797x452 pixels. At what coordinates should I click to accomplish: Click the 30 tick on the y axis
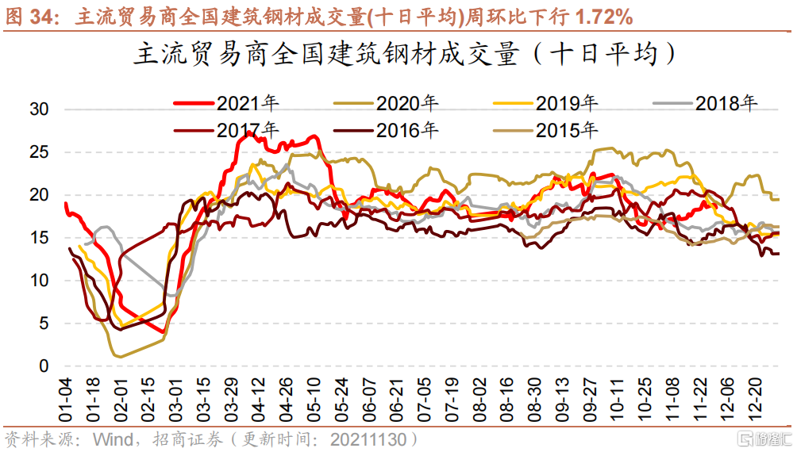point(39,109)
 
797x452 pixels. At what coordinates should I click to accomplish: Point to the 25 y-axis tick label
point(39,152)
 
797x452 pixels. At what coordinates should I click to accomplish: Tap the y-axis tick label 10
point(39,281)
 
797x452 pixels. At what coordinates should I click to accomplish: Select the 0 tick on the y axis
point(44,366)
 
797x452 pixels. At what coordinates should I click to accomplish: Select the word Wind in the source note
point(112,439)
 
